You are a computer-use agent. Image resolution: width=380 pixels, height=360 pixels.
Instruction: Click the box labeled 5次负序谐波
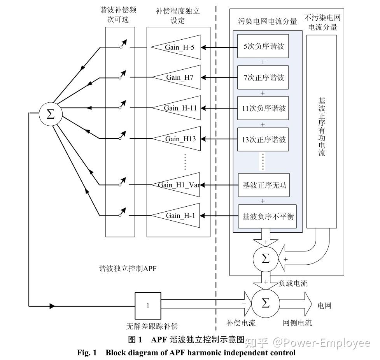(264, 47)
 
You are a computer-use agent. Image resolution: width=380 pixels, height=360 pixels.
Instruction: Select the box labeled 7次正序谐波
(264, 77)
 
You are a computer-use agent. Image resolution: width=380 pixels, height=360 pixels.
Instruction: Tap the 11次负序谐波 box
(264, 108)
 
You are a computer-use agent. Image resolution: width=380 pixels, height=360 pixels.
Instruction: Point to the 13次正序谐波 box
(264, 139)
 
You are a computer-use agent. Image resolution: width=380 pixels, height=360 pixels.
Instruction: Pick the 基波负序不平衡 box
(267, 216)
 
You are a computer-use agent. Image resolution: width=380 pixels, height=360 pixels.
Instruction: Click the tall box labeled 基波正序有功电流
(321, 131)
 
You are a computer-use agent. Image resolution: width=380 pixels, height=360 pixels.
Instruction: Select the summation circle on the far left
(50, 114)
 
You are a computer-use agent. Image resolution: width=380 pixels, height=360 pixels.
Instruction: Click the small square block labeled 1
(147, 306)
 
